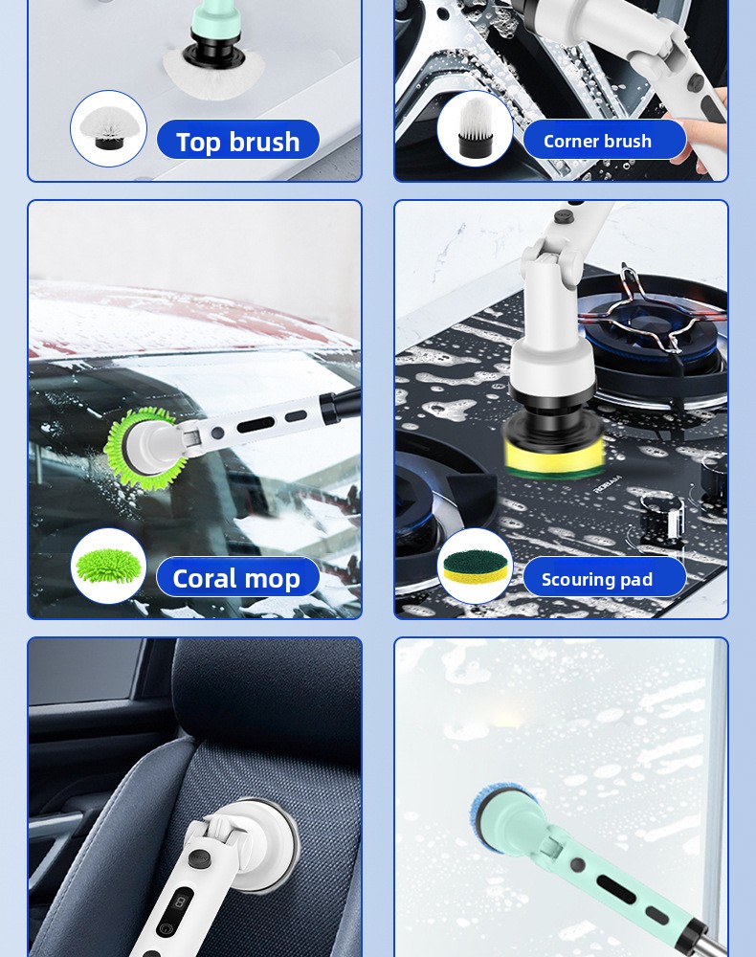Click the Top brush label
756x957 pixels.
pos(238,140)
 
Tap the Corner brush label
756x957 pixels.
pos(604,140)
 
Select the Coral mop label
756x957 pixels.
pos(238,577)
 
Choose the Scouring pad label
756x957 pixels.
pos(604,577)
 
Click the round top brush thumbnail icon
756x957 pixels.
pos(108,128)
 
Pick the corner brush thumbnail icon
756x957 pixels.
pos(475,128)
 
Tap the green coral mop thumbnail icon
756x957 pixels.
pos(108,566)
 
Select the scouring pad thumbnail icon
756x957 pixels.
pos(475,566)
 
